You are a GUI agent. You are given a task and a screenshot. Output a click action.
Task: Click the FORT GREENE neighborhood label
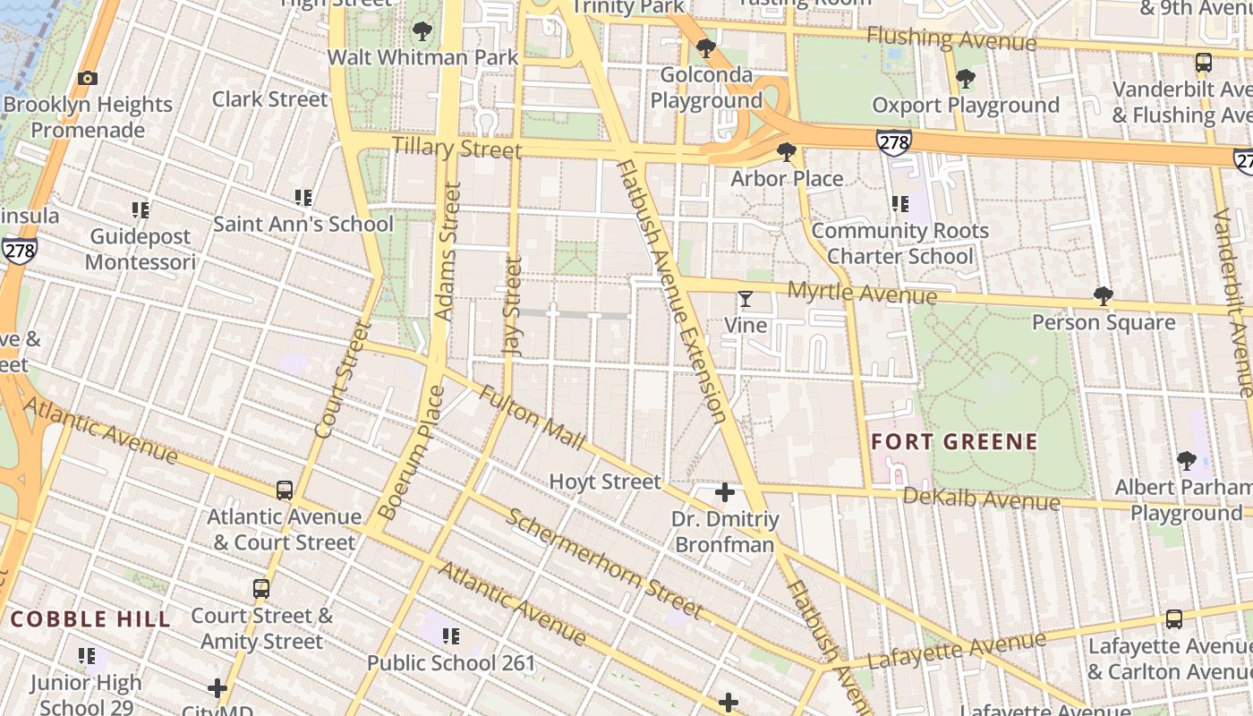(954, 442)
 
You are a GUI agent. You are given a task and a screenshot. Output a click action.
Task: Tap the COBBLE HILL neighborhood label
(90, 619)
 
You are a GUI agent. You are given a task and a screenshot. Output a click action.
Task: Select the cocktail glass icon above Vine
(745, 299)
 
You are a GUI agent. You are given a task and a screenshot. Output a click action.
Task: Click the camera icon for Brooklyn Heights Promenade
(87, 79)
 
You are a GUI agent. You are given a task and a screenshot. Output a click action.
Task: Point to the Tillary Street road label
(456, 148)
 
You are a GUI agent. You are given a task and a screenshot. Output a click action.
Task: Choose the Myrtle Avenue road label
(862, 293)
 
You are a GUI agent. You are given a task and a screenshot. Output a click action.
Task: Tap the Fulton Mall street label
(532, 418)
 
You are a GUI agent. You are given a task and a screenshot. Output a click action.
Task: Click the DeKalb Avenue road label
(981, 499)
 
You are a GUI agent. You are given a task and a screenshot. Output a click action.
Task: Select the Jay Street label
(513, 307)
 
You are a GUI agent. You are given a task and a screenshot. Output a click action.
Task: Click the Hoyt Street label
(605, 482)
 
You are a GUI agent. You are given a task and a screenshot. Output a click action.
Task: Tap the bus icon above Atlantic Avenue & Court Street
(285, 490)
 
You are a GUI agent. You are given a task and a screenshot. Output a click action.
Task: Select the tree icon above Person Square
(1103, 296)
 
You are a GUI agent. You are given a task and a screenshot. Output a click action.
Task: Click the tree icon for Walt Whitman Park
(422, 32)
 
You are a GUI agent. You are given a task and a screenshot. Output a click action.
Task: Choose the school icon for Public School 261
(451, 636)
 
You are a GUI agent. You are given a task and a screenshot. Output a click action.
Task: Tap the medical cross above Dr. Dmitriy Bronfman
(725, 492)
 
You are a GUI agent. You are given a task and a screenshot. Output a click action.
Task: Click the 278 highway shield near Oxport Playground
(893, 141)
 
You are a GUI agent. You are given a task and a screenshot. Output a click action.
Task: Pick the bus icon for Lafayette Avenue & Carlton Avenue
(1173, 619)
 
